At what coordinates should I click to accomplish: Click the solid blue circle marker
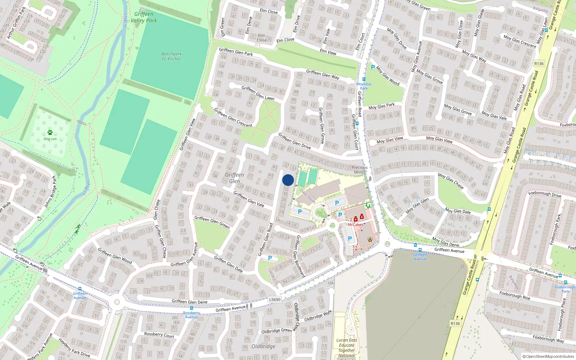288,180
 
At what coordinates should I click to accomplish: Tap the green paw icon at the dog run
50,132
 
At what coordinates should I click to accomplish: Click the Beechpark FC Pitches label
171,57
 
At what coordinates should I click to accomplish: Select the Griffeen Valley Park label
144,17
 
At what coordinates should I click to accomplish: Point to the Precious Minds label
360,170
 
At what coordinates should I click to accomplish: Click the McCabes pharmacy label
355,225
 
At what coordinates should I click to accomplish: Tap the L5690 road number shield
275,300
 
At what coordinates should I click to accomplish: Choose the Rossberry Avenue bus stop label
191,315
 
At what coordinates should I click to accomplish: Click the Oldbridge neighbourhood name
263,346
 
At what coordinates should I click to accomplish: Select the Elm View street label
328,52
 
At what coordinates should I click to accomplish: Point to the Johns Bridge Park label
50,192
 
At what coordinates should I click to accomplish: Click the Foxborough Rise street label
514,295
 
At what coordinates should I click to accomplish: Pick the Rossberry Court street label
159,335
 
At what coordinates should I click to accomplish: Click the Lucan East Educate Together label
347,347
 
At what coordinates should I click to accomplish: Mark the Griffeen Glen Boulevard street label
300,256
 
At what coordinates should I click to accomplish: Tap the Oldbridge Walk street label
318,316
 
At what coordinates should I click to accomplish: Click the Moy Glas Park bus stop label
364,86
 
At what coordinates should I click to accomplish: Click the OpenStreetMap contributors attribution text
548,356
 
